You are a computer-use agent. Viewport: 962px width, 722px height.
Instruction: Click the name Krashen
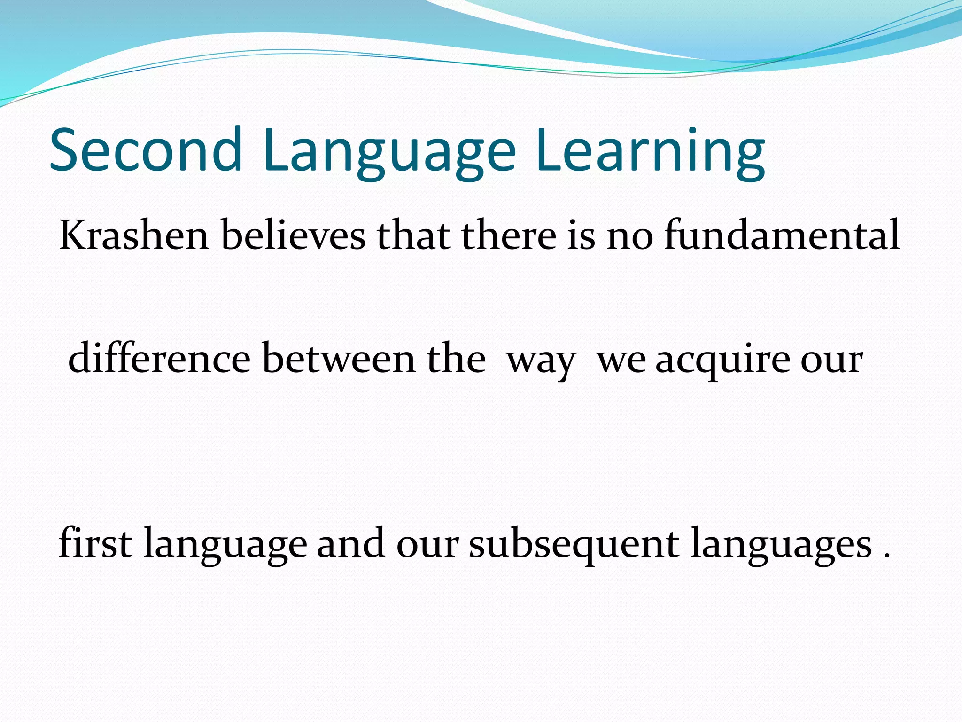pos(134,235)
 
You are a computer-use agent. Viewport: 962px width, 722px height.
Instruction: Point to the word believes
pos(293,235)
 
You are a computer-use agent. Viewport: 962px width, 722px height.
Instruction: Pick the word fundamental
pos(782,235)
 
